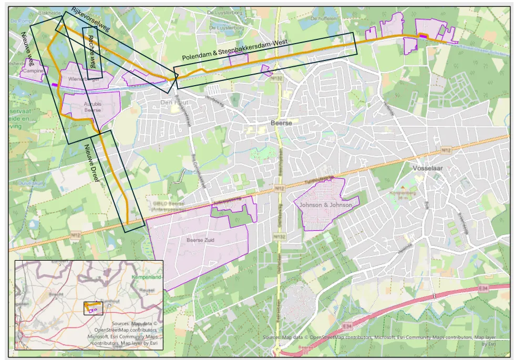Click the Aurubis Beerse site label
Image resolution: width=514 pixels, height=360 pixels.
click(x=92, y=107)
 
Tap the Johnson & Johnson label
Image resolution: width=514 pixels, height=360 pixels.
click(x=325, y=205)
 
